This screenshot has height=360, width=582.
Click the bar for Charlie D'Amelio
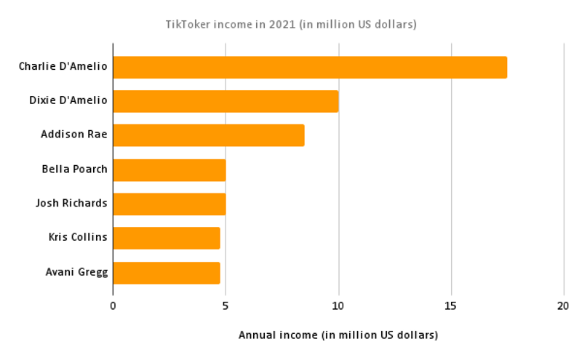pyautogui.click(x=310, y=67)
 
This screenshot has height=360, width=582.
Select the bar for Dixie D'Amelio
pyautogui.click(x=226, y=101)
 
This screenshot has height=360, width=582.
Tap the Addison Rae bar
pyautogui.click(x=209, y=135)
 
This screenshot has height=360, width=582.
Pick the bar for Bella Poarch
pyautogui.click(x=169, y=169)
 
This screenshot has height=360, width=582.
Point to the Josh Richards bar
pyautogui.click(x=169, y=204)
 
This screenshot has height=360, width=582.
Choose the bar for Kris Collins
pyautogui.click(x=166, y=238)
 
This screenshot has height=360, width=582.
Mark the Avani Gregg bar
pyautogui.click(x=166, y=273)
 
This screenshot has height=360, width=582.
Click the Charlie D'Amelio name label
pyautogui.click(x=63, y=67)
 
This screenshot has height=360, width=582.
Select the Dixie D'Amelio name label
pyautogui.click(x=68, y=101)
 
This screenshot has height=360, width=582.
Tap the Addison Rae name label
pyautogui.click(x=74, y=135)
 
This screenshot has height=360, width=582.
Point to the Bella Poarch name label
pyautogui.click(x=75, y=169)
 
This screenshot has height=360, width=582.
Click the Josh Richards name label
pyautogui.click(x=71, y=204)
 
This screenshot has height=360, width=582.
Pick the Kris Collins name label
pyautogui.click(x=78, y=238)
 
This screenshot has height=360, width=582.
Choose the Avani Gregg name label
pyautogui.click(x=76, y=273)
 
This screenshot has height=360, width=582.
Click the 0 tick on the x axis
pyautogui.click(x=113, y=306)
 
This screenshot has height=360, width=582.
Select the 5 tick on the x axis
pyautogui.click(x=226, y=306)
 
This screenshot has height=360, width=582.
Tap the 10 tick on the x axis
pyautogui.click(x=338, y=306)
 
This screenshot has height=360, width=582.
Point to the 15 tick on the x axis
pyautogui.click(x=451, y=306)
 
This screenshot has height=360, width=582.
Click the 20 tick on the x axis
pyautogui.click(x=564, y=306)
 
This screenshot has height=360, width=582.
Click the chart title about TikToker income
pyautogui.click(x=291, y=24)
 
